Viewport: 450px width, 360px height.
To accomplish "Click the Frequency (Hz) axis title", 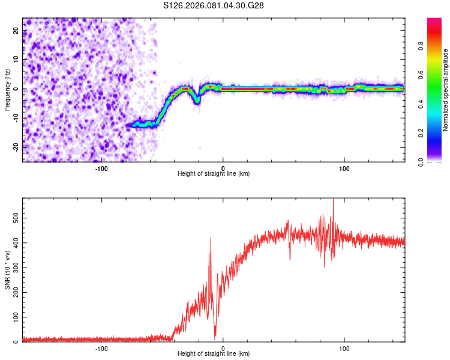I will tap(7, 90).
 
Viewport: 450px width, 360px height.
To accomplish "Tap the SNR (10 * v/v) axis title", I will tap(7, 270).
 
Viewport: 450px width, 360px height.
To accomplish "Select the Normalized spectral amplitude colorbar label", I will tap(445, 90).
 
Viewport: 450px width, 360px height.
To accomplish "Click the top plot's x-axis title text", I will tap(214, 173).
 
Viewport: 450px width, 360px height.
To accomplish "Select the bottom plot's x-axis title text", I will tap(214, 354).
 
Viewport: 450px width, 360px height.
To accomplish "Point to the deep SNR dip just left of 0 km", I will tap(215, 337).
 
